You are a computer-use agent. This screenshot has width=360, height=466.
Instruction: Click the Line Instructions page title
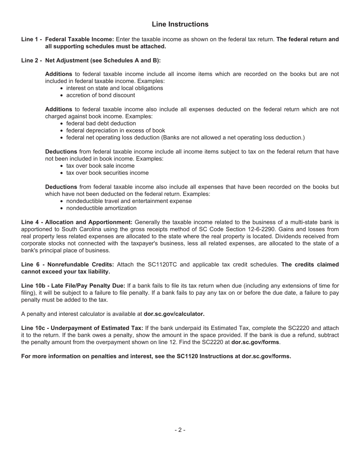[x=180, y=24]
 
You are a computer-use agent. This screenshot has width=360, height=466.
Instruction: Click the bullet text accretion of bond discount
[x=100, y=95]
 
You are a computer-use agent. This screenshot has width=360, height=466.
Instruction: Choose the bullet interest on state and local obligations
[x=114, y=88]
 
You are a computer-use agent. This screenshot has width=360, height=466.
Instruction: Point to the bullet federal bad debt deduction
[x=101, y=124]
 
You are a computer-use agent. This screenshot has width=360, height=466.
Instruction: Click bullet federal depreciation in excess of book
[x=116, y=130]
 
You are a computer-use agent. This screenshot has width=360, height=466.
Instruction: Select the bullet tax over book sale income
[x=100, y=166]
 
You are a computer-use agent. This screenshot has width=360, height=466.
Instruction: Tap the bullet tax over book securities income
[x=107, y=173]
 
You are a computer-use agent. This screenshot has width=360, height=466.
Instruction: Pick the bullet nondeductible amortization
[x=101, y=208]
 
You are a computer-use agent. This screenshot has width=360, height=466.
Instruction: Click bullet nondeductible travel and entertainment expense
[x=129, y=201]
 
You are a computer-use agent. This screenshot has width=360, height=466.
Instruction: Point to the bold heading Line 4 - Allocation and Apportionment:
[x=77, y=222]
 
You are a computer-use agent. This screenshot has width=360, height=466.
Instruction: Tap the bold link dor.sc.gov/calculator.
[x=174, y=314]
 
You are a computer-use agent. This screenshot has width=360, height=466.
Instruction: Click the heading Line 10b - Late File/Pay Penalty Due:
[x=73, y=286]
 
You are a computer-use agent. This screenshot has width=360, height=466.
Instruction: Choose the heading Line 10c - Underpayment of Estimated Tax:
[x=82, y=328]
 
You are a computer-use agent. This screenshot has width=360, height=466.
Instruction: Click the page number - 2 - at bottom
[x=180, y=430]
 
